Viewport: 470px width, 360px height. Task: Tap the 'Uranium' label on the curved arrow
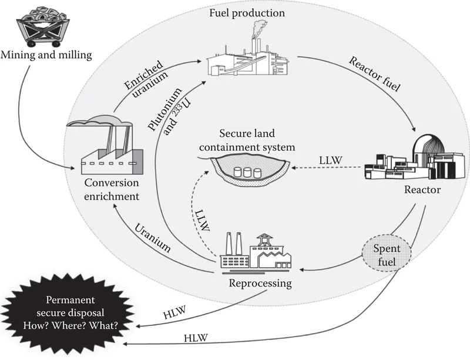[152, 237]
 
